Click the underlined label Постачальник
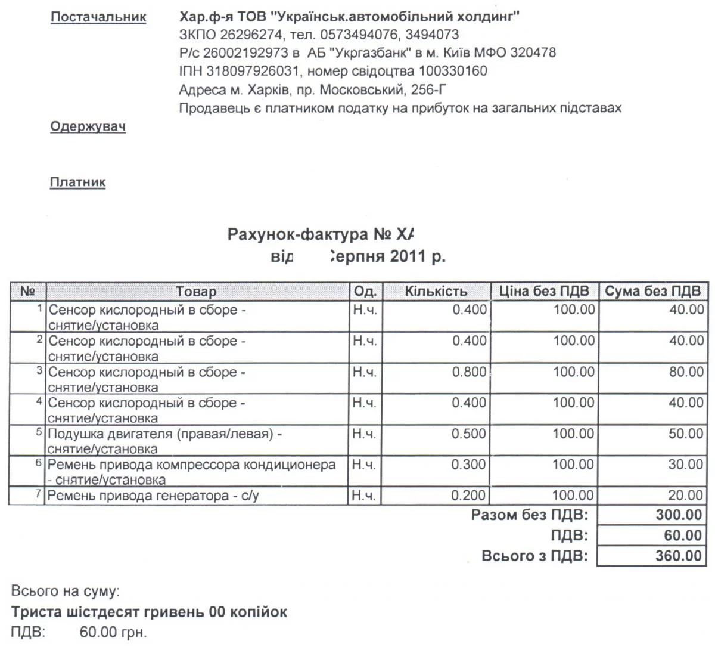(98, 17)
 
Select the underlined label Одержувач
(88, 126)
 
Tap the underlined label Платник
(77, 182)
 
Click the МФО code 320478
(533, 52)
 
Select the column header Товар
(196, 292)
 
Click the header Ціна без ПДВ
(544, 292)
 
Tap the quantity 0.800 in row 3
(470, 372)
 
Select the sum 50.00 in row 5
(686, 434)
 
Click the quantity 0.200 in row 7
(469, 496)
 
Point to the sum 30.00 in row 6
(686, 465)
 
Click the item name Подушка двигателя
(111, 434)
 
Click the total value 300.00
(679, 515)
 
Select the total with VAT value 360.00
(679, 556)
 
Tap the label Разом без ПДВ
(529, 515)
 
